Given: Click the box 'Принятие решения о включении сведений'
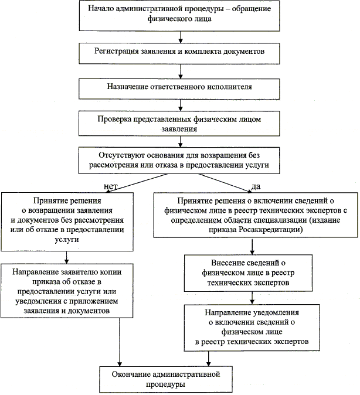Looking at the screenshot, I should pos(257,215).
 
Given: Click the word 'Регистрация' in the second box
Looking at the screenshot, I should pos(114,52).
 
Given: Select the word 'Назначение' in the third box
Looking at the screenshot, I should pos(128,87).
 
